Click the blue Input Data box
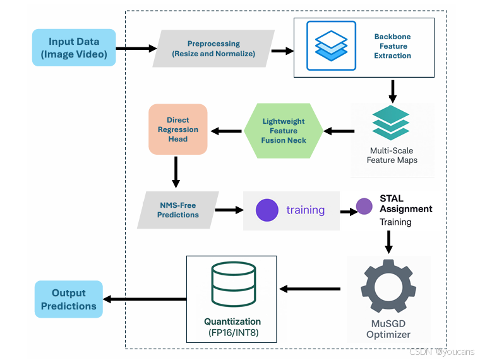pos(74,47)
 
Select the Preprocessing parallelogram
pos(213,49)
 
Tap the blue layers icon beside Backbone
pos(331,45)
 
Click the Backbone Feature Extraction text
pos(392,47)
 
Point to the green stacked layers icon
pos(391,123)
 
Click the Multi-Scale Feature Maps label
pos(392,155)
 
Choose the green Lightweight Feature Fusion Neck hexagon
pos(284,131)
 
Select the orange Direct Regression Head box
pos(177,129)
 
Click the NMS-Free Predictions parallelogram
pos(179,210)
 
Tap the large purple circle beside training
pos(267,210)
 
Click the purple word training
pos(305,210)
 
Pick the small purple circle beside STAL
pos(364,206)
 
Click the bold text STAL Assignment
pos(405,204)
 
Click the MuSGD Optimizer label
pos(388,330)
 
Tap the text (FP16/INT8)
pos(232,332)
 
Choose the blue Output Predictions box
pos(68,299)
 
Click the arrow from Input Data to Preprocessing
pos(136,48)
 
